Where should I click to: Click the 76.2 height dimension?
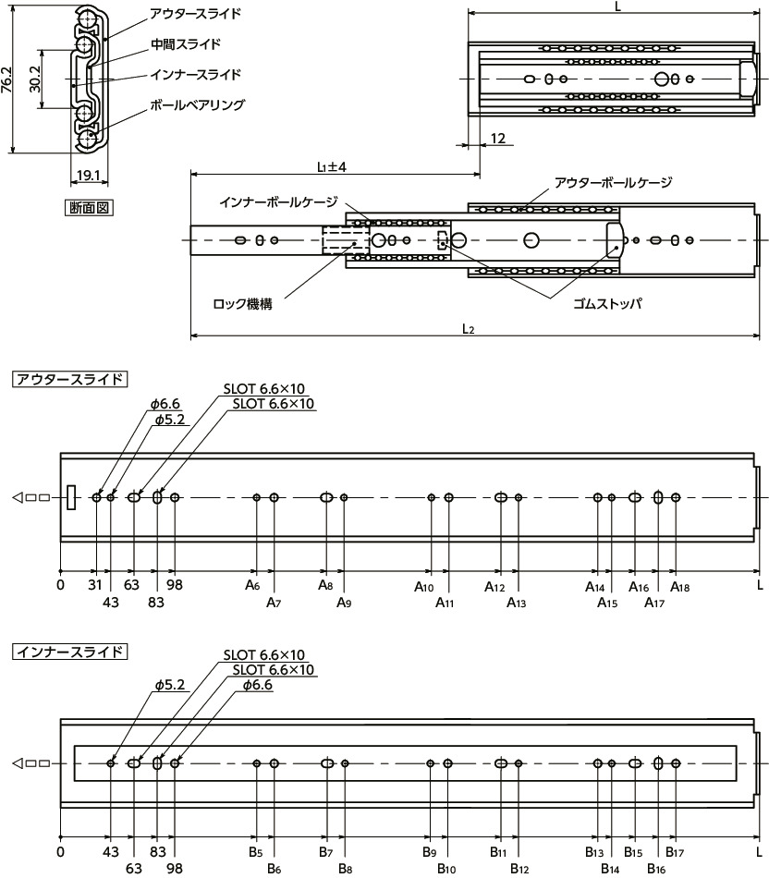(7, 81)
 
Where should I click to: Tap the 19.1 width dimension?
(89, 176)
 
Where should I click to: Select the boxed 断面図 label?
(89, 208)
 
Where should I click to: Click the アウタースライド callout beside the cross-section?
(195, 14)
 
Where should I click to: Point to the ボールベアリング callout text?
(197, 105)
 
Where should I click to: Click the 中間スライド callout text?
(186, 44)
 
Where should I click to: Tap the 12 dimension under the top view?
(497, 139)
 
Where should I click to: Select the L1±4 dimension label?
(330, 166)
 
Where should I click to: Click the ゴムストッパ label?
(606, 302)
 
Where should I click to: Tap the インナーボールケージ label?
(278, 201)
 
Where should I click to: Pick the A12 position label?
(494, 586)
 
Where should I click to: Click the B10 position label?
(446, 870)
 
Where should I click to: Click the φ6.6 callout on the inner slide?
(257, 685)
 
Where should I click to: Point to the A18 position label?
(679, 586)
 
